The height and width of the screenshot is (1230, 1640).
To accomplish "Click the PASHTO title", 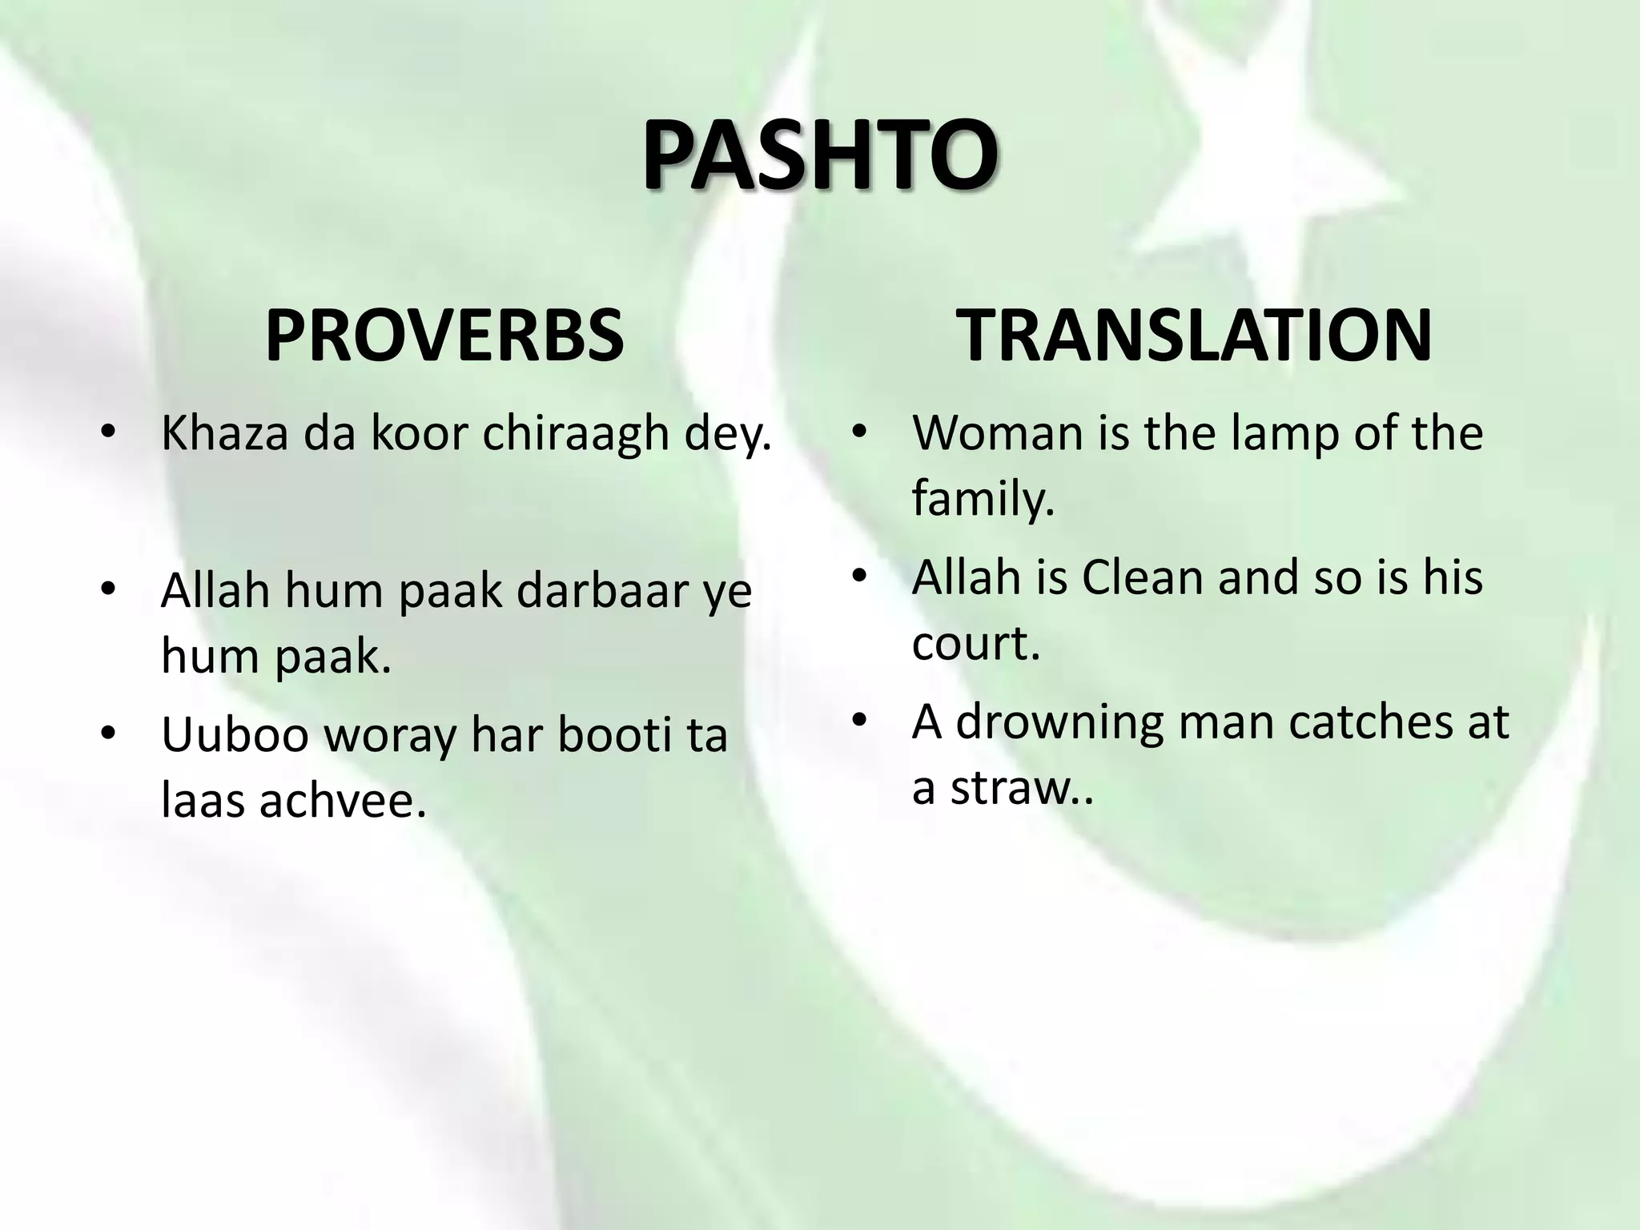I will click(x=819, y=155).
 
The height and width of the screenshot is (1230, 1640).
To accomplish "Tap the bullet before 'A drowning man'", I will click(x=859, y=721).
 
